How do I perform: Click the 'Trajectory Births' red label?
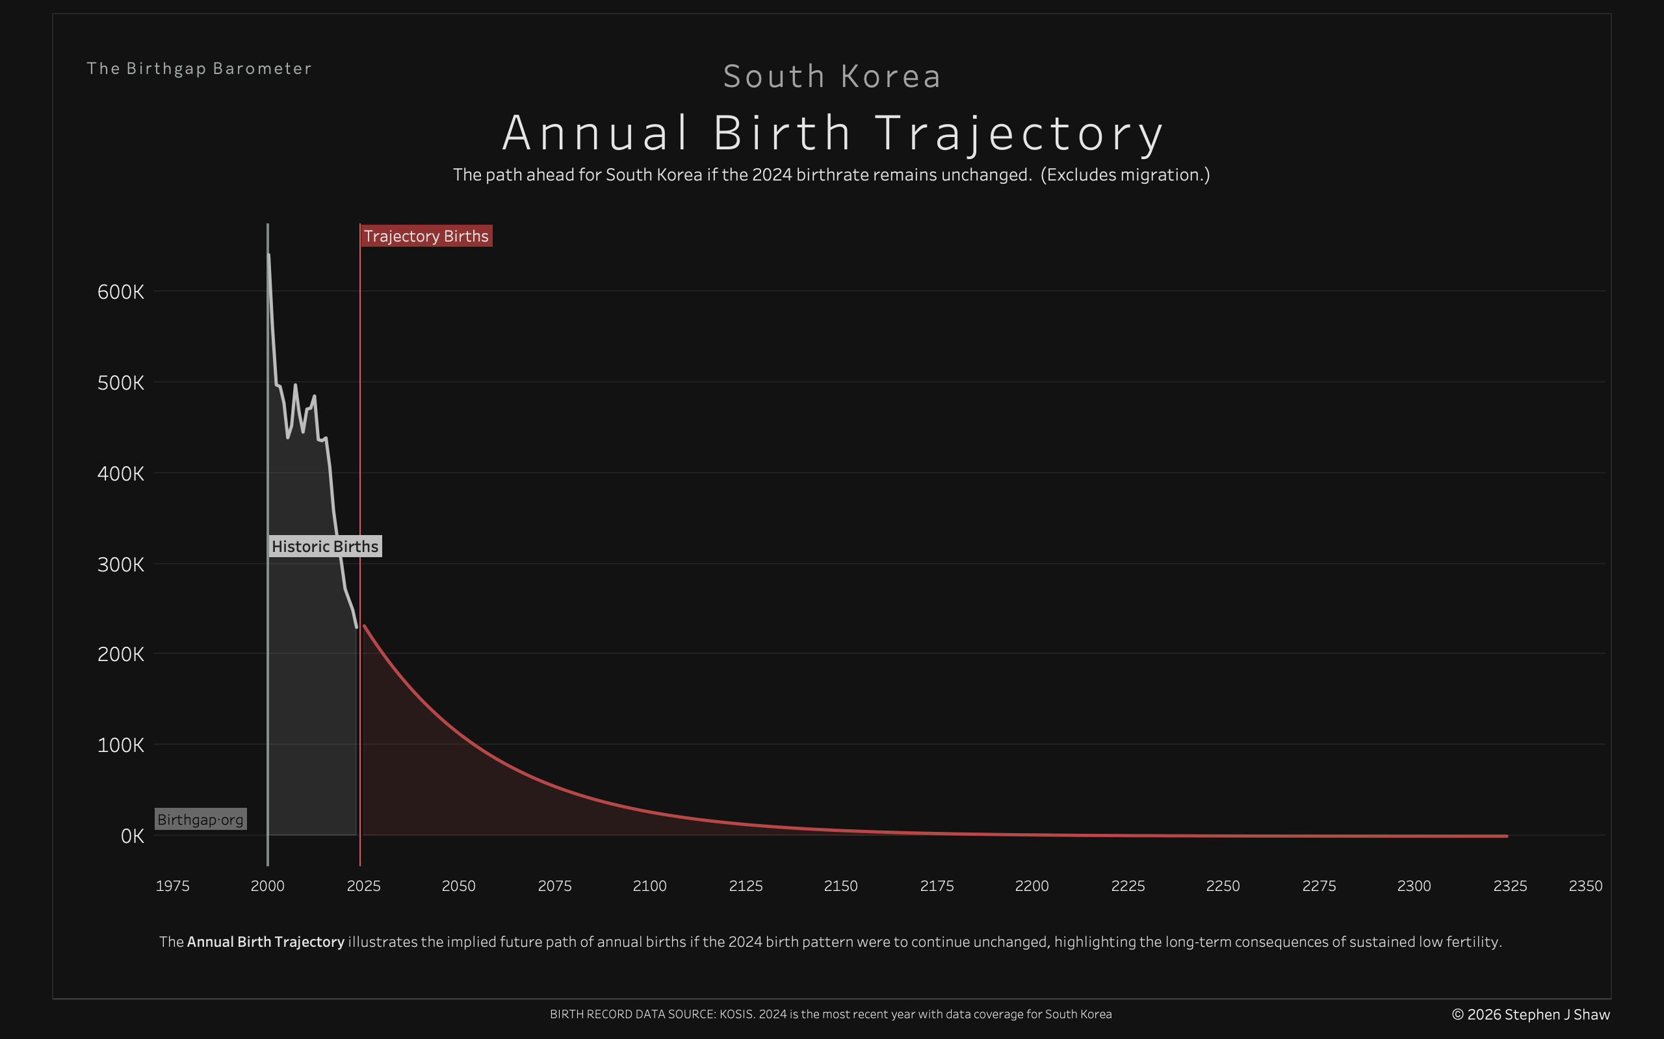point(426,236)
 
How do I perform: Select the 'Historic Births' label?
point(324,546)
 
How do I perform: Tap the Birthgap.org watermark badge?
point(200,819)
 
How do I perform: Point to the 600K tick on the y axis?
point(121,292)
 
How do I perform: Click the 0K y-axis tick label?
point(132,836)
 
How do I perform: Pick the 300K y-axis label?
point(121,564)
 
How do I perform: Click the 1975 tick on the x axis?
point(173,886)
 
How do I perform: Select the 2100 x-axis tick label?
point(650,886)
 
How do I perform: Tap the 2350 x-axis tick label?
point(1585,886)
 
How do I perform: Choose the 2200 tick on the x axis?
point(1032,886)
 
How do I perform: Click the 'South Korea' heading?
point(832,76)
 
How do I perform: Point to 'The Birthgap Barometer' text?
point(200,69)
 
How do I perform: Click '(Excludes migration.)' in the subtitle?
point(1125,175)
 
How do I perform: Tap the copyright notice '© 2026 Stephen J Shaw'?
point(1531,1014)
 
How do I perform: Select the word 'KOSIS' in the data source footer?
point(736,1014)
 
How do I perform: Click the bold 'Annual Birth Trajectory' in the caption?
point(265,942)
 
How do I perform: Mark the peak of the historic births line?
point(269,255)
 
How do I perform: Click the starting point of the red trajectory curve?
point(364,626)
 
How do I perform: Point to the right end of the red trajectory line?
point(1507,836)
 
